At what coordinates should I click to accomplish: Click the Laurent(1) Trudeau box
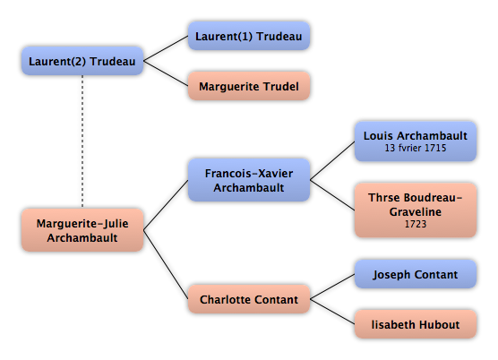click(249, 36)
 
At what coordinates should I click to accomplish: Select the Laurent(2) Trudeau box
click(82, 61)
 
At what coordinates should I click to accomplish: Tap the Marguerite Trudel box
click(249, 86)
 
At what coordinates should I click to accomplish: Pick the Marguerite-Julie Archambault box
click(82, 230)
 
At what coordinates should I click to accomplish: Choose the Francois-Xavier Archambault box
click(249, 180)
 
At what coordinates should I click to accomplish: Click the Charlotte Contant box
click(249, 299)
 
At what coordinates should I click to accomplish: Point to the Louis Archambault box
click(416, 141)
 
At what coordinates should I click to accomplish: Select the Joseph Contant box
click(416, 274)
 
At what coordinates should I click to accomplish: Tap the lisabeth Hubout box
click(416, 324)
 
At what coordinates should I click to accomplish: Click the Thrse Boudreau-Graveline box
click(416, 210)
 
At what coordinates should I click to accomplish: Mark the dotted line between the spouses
click(82, 141)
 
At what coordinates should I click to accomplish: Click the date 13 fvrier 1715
click(416, 148)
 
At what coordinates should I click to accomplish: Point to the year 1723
click(416, 224)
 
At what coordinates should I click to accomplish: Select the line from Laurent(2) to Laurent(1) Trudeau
click(166, 48)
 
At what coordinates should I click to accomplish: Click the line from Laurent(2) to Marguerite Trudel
click(166, 73)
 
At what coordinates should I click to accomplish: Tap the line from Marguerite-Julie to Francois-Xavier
click(166, 205)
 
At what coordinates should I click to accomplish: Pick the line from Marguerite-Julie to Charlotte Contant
click(166, 264)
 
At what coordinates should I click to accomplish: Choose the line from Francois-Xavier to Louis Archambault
click(332, 160)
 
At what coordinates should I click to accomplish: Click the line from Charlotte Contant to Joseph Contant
click(332, 287)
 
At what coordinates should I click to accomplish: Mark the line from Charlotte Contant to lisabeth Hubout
click(332, 312)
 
